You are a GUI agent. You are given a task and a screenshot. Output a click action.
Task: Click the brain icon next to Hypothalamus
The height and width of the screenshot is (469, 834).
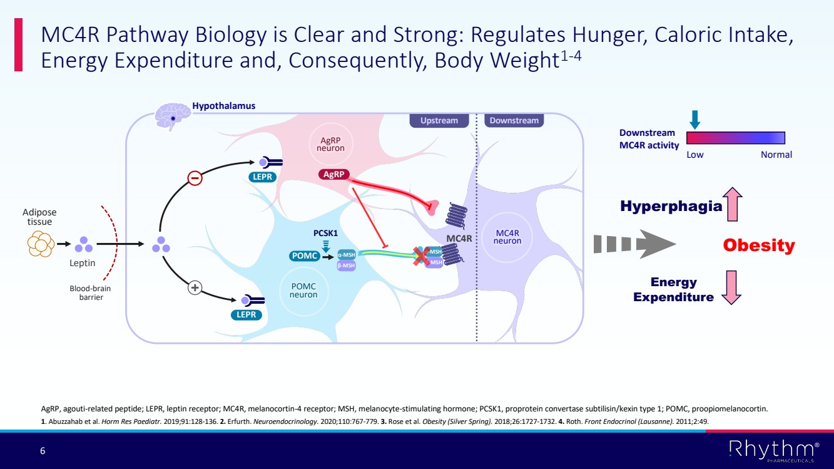pyautogui.click(x=173, y=115)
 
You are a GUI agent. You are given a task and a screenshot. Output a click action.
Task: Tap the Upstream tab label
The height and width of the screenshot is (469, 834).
pyautogui.click(x=439, y=121)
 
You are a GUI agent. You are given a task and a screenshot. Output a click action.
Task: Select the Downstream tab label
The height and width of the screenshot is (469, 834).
pyautogui.click(x=514, y=121)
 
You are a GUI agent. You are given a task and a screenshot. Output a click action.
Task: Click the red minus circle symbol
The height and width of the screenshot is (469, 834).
pyautogui.click(x=195, y=178)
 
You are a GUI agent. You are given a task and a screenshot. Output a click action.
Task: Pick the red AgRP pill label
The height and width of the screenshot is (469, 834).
pyautogui.click(x=333, y=175)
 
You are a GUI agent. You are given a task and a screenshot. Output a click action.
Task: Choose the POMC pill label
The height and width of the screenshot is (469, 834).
pyautogui.click(x=305, y=255)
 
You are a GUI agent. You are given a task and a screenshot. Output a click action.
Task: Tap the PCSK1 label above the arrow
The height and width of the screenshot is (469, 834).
pyautogui.click(x=325, y=234)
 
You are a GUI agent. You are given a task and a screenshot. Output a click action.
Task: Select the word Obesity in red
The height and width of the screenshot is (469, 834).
pyautogui.click(x=758, y=245)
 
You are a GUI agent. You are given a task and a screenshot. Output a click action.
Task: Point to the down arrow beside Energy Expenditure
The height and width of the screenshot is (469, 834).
pyautogui.click(x=731, y=287)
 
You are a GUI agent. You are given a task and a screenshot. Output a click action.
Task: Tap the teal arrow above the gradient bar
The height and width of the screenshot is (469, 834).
pyautogui.click(x=694, y=120)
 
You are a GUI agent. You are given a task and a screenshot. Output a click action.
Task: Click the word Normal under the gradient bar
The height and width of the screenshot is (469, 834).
pyautogui.click(x=776, y=155)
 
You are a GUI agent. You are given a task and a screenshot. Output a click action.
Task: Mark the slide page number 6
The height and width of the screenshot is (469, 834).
pyautogui.click(x=43, y=451)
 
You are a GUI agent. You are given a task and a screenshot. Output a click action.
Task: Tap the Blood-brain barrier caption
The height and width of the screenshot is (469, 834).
pyautogui.click(x=86, y=293)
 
